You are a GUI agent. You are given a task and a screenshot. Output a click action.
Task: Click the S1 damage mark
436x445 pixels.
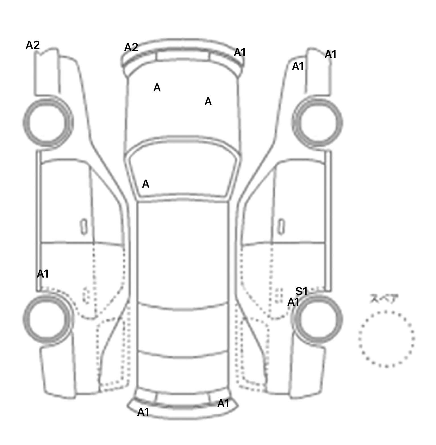coord(301,291)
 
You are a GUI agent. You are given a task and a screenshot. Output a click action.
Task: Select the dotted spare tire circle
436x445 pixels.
coord(386,339)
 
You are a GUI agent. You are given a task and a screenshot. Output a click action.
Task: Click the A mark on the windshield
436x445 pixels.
coord(146,184)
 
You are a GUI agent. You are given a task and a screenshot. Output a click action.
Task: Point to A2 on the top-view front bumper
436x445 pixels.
coord(131,47)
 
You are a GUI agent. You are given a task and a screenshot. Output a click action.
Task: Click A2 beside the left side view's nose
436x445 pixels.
coord(33,45)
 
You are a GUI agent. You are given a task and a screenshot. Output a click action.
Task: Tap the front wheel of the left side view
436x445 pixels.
coord(48,122)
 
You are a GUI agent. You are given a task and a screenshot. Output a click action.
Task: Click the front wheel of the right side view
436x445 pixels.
coord(317,123)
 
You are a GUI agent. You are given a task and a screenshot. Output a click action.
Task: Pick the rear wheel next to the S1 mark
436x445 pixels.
coord(317,318)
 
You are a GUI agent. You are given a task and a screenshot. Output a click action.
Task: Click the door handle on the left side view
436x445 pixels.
coord(84,227)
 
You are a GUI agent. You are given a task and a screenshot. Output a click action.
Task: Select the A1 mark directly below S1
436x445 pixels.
coord(294,302)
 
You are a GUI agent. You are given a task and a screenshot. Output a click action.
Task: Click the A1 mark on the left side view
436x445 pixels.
coord(43,274)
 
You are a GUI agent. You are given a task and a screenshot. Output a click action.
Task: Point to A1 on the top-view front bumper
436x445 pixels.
coord(240,53)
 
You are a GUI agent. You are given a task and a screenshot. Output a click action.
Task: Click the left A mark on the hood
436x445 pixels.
coord(157,88)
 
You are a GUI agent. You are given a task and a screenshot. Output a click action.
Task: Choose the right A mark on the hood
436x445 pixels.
coord(208,101)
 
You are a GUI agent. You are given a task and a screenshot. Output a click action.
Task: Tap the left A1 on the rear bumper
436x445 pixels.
coord(143,412)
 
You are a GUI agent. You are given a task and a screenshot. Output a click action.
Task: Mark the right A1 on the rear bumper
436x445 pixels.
coord(223,404)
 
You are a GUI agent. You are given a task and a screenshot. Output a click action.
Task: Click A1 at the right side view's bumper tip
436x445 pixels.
coord(330,54)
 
